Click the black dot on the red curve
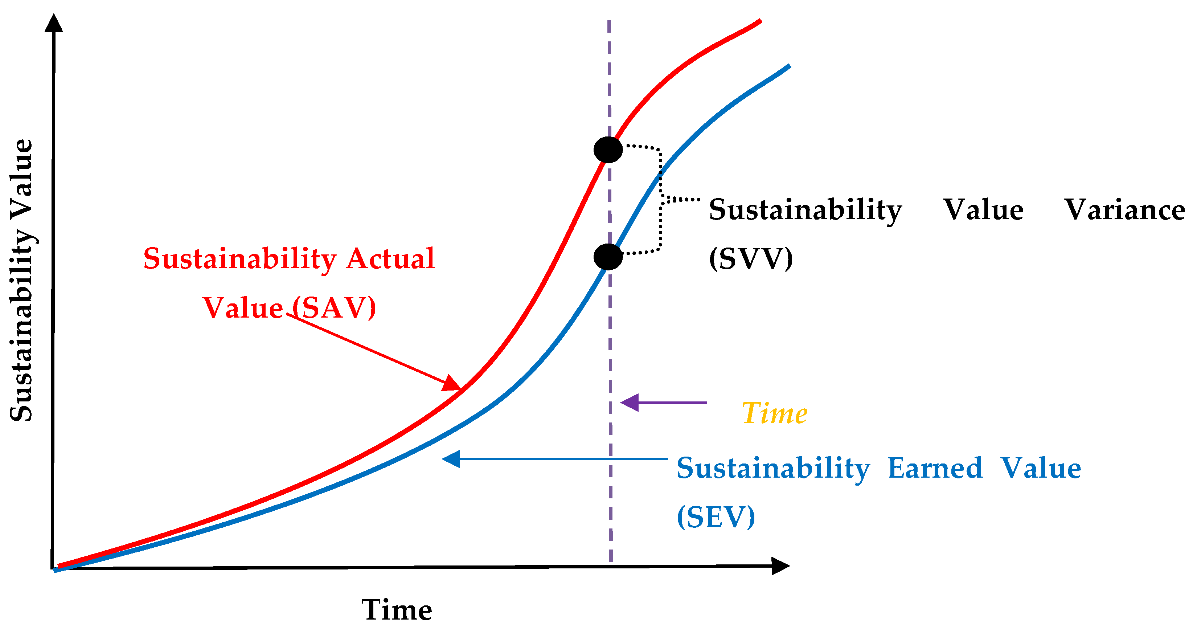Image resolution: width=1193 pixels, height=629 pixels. click(x=608, y=150)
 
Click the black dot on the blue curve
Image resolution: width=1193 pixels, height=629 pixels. click(x=608, y=257)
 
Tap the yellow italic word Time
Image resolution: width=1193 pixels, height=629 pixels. click(x=774, y=413)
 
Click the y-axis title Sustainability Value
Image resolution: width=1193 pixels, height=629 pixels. click(x=22, y=280)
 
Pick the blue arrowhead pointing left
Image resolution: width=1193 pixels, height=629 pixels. click(x=451, y=459)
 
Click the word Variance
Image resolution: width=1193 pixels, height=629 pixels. click(x=1124, y=209)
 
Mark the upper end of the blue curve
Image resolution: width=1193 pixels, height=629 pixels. click(x=789, y=66)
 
